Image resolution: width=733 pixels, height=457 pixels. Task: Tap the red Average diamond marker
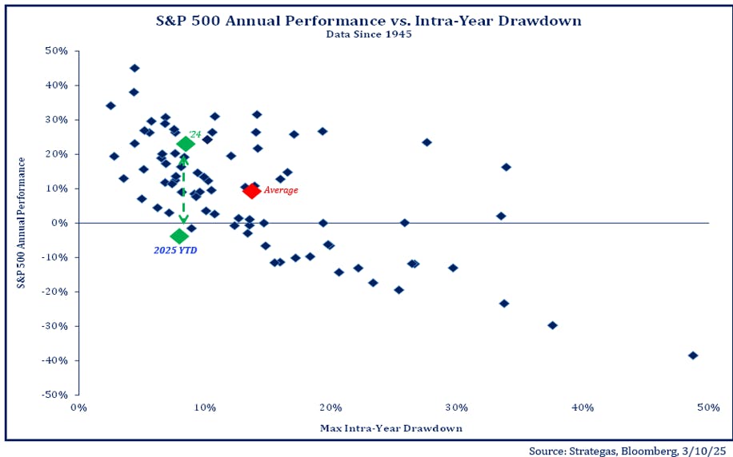click(x=251, y=190)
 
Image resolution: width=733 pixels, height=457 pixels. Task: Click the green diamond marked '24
click(x=186, y=144)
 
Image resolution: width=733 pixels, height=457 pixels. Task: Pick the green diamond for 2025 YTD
click(x=179, y=236)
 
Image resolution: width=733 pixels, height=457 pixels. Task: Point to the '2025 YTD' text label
click(x=175, y=251)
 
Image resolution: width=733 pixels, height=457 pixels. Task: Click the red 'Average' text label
click(x=281, y=190)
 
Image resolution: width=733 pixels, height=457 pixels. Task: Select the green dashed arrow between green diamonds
click(x=184, y=190)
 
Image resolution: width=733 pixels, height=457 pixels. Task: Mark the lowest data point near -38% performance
click(x=693, y=356)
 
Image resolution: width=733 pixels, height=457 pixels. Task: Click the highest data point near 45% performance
click(x=134, y=68)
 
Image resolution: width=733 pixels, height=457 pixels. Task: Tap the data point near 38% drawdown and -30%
click(x=552, y=325)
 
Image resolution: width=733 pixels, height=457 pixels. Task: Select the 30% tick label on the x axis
click(x=456, y=407)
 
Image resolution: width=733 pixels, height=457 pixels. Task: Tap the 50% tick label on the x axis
click(x=708, y=407)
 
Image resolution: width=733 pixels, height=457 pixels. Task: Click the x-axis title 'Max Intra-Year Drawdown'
click(x=391, y=428)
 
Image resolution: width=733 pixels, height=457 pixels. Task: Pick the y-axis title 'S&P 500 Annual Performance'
click(x=23, y=223)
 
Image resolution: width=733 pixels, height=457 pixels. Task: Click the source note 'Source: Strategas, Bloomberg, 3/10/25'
click(x=629, y=449)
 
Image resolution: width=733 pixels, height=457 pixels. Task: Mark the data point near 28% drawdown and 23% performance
click(x=427, y=142)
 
